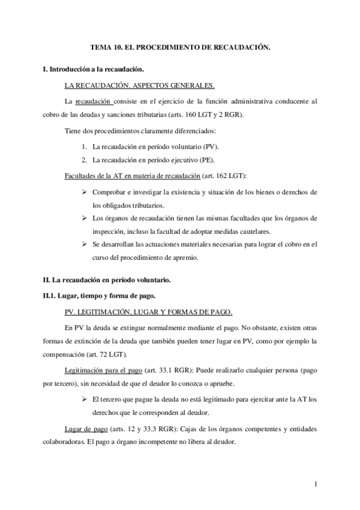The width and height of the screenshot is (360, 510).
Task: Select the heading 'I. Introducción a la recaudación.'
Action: tap(93, 70)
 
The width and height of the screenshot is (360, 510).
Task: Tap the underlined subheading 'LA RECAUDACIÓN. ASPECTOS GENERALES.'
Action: tap(139, 85)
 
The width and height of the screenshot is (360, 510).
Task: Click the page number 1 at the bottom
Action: tap(316, 484)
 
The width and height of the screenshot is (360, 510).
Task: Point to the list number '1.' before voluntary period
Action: tap(84, 146)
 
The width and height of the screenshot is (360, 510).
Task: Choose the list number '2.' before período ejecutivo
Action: tap(84, 160)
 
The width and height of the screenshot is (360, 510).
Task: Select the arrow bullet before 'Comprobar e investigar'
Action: tap(84, 192)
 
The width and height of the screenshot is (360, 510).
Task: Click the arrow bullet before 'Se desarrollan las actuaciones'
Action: tap(84, 245)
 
